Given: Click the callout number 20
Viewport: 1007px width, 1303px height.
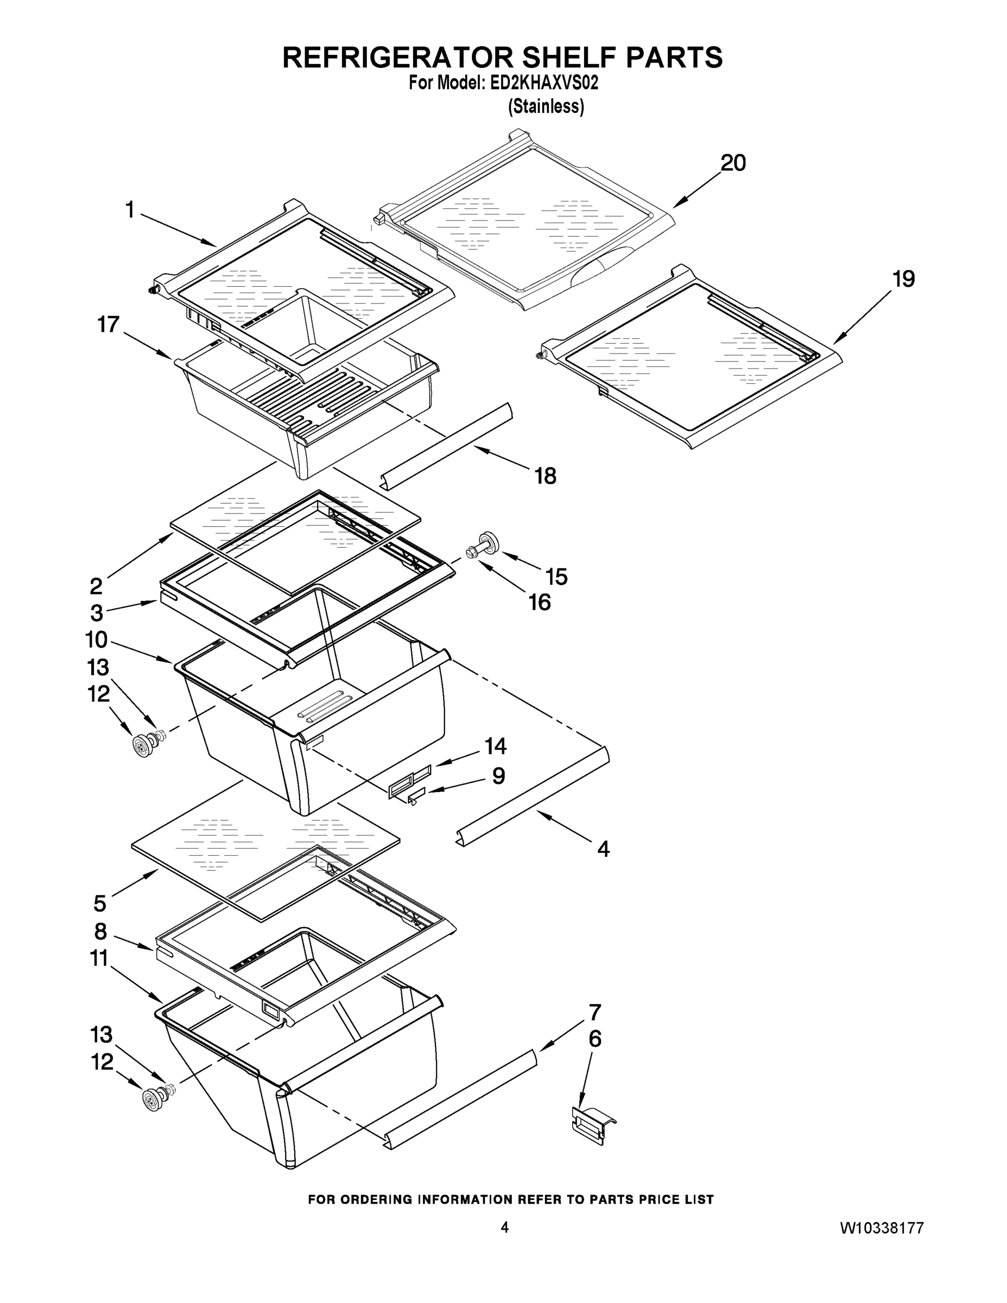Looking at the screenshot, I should coord(733,163).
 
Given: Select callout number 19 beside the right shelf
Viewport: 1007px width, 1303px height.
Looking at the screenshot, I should coord(904,279).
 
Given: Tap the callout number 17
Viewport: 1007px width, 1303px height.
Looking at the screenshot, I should coord(109,325).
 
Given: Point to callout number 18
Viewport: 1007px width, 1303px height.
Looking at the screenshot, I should coord(545,476).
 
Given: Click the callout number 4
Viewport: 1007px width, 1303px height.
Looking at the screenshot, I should coord(603,849).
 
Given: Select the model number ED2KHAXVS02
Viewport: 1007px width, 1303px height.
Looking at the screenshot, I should coord(543,83).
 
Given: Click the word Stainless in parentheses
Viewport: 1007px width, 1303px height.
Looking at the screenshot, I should coord(545,107).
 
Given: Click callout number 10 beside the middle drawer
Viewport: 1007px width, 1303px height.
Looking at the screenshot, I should coord(96,640).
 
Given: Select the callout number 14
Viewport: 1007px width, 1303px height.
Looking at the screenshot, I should coord(495,746).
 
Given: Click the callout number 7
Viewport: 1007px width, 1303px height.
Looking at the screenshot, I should coord(595,1013).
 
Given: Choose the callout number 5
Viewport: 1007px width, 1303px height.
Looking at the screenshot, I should coord(100,903).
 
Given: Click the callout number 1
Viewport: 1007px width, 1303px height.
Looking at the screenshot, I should coord(129,210).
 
